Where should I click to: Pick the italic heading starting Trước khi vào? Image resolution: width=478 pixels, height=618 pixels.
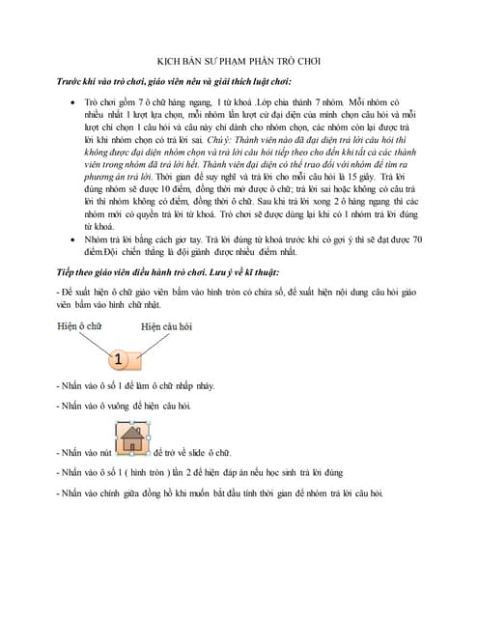coord(174,81)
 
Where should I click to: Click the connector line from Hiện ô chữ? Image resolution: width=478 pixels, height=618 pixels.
coord(97,342)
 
